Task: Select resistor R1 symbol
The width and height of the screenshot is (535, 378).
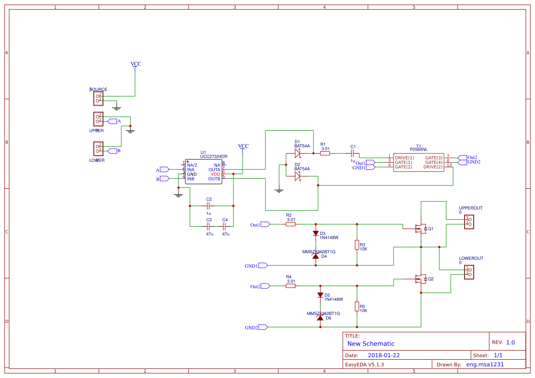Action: point(325,154)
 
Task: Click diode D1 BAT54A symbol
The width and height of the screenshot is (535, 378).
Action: point(297,154)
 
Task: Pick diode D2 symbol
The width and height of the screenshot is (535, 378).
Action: point(297,176)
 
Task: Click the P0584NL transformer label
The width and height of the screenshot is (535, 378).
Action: point(418,149)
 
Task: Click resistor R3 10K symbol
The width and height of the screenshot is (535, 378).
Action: point(357,245)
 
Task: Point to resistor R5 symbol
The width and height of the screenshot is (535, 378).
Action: point(357,306)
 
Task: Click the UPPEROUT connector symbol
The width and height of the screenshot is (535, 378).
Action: point(469,222)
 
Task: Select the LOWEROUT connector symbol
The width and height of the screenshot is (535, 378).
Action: point(469,272)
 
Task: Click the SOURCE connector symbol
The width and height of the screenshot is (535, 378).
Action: point(98,98)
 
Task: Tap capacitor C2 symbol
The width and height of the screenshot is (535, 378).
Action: point(209,206)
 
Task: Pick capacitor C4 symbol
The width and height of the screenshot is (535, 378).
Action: point(225,226)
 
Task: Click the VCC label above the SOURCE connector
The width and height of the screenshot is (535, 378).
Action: point(135,64)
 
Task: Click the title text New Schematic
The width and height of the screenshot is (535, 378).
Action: point(371,344)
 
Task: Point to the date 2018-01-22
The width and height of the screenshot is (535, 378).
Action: point(384,355)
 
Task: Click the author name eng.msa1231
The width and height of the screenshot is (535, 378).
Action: point(485,365)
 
